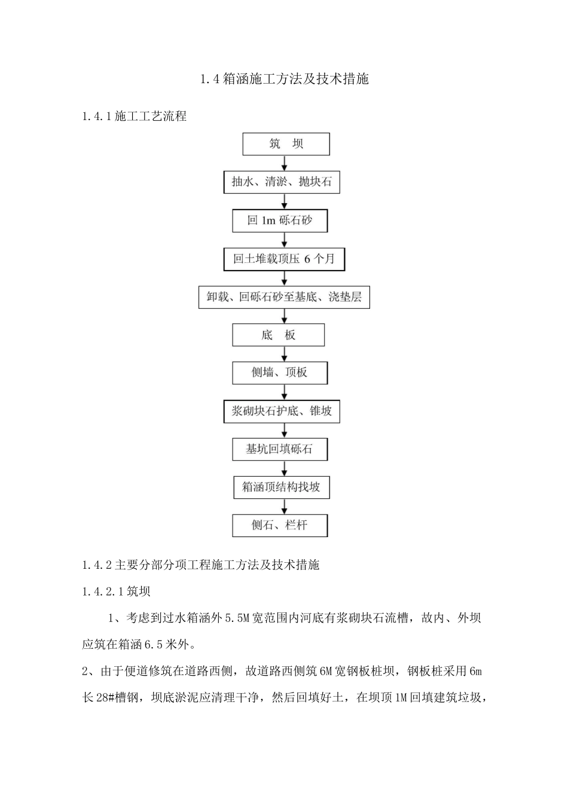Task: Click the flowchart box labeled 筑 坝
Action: pyautogui.click(x=286, y=144)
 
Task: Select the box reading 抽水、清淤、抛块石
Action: pyautogui.click(x=282, y=182)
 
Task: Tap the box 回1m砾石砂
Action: pyautogui.click(x=280, y=220)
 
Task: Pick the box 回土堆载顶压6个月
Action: pyautogui.click(x=284, y=259)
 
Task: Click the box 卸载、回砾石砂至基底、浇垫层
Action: pyautogui.click(x=284, y=297)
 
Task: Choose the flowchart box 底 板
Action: pyautogui.click(x=279, y=335)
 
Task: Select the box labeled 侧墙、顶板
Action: pyautogui.click(x=280, y=373)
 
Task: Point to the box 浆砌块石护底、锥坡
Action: pyautogui.click(x=282, y=411)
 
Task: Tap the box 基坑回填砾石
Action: pyautogui.click(x=280, y=449)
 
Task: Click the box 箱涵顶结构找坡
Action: pyautogui.click(x=281, y=488)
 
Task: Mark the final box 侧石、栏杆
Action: pyautogui.click(x=280, y=526)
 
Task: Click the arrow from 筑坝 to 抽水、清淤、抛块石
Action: pyautogui.click(x=284, y=163)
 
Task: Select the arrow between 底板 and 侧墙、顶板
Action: pyautogui.click(x=284, y=354)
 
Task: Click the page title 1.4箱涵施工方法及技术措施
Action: pyautogui.click(x=284, y=78)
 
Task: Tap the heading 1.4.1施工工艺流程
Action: pyautogui.click(x=135, y=117)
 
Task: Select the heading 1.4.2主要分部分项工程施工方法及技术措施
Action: pyautogui.click(x=201, y=565)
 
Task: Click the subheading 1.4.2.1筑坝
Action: pyautogui.click(x=117, y=591)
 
